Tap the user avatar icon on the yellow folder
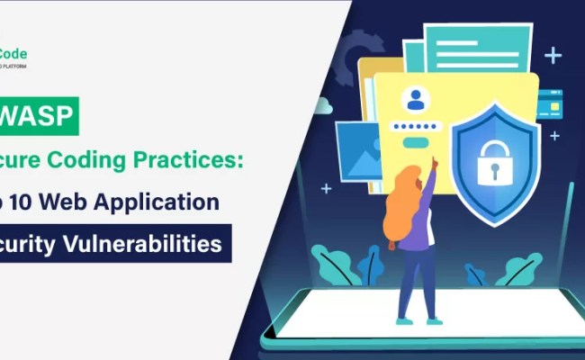point(416,100)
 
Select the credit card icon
point(549,106)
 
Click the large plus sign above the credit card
point(552,56)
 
